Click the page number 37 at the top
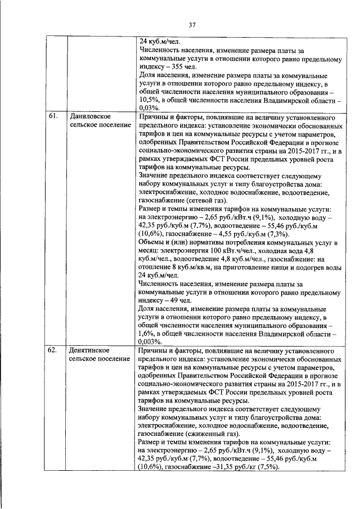pyautogui.click(x=191, y=25)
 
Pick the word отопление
pyautogui.click(x=156, y=267)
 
